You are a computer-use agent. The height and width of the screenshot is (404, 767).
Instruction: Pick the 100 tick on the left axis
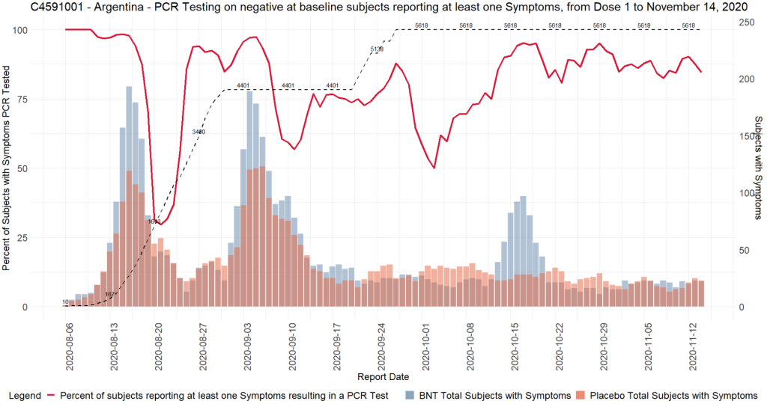34,30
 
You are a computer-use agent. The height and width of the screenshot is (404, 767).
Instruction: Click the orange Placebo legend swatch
580,394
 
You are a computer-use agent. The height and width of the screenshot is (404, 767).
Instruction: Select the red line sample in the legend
52,394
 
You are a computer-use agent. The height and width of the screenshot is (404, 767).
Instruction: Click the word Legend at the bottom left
23,394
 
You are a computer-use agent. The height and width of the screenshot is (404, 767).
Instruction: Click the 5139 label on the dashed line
377,49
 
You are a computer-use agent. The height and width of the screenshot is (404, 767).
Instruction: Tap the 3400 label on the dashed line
198,132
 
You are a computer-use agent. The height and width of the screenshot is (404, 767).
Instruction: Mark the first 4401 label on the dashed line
243,85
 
